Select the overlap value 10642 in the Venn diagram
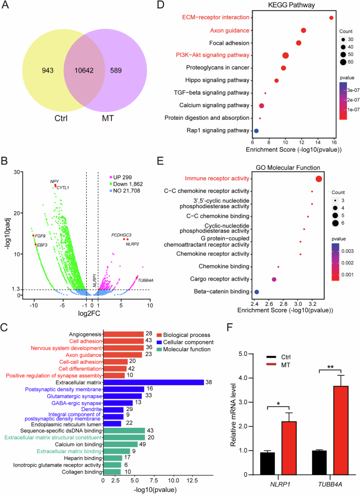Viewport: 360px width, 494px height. [84, 70]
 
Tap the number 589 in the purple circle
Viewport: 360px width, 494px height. [129, 70]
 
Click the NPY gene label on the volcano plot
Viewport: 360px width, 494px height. [54, 181]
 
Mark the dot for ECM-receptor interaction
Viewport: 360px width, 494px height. [331, 18]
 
